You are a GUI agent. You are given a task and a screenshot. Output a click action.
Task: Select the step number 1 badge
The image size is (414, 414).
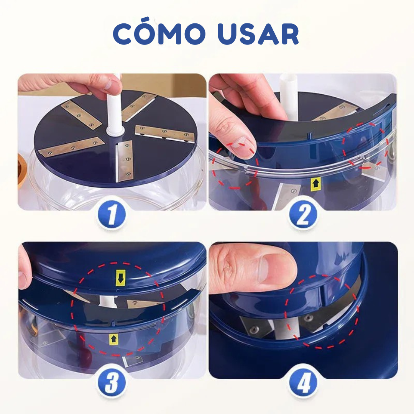111,216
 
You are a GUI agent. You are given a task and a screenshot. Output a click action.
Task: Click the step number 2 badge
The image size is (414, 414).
303,216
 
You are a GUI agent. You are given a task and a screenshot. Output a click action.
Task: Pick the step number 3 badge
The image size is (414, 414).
111,384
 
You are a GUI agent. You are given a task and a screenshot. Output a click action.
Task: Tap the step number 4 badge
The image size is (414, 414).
303,384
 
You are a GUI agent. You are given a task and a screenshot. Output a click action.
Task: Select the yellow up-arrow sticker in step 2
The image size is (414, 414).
315,184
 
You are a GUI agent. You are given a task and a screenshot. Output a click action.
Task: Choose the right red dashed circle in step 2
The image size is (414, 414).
366,146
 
